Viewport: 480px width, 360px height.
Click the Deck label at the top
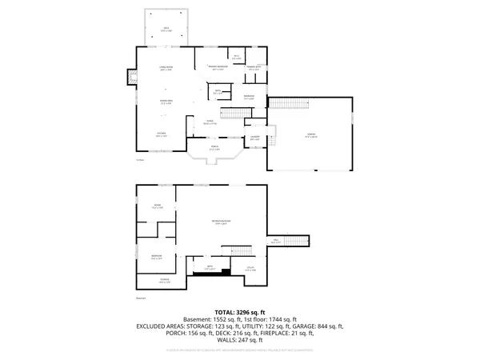tap(166, 30)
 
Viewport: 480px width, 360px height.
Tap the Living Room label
tap(166, 68)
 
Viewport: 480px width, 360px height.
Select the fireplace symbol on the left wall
tap(130, 78)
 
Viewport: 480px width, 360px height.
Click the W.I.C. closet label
tap(237, 57)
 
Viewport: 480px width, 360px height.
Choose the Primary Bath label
tap(254, 68)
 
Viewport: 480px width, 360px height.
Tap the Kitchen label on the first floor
tap(162, 134)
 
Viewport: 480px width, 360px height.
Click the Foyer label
tap(210, 122)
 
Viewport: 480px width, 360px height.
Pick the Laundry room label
tap(255, 138)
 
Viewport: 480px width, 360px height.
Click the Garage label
tap(311, 137)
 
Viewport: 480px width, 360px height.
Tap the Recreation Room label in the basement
tap(221, 222)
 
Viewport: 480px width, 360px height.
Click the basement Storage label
tap(164, 281)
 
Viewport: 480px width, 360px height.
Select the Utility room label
tap(250, 270)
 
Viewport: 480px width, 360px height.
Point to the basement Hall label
tap(275, 240)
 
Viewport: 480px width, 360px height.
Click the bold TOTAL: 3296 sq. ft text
tap(239, 312)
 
